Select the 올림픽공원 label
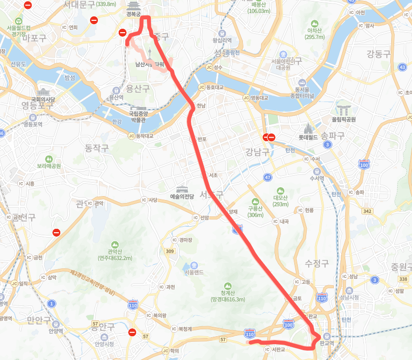click(x=344, y=119)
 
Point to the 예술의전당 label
click(x=182, y=196)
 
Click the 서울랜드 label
click(x=193, y=272)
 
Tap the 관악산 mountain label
click(x=115, y=254)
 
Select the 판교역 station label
click(x=326, y=343)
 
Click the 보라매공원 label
click(x=48, y=166)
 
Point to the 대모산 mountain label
click(x=280, y=201)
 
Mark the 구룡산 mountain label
click(x=255, y=211)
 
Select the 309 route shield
click(x=170, y=252)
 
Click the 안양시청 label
click(x=104, y=344)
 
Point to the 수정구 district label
click(x=317, y=263)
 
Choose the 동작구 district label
click(x=96, y=148)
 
